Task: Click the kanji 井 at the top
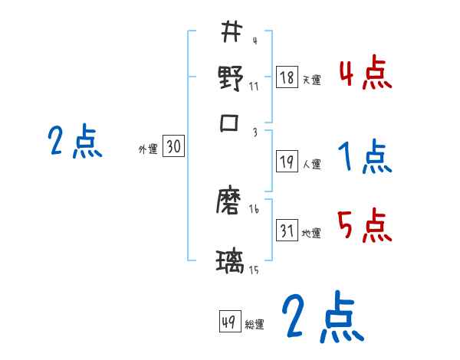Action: click(231, 33)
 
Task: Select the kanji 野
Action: click(231, 78)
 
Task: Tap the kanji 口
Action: click(231, 123)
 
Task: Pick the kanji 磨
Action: click(231, 203)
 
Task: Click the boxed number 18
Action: click(287, 78)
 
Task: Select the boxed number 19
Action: click(287, 162)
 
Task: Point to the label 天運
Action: click(311, 80)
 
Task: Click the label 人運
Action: click(311, 164)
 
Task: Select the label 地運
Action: click(311, 233)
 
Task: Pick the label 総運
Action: click(255, 324)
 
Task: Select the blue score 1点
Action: click(365, 159)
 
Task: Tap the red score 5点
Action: click(365, 227)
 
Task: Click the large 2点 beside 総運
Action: click(321, 318)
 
